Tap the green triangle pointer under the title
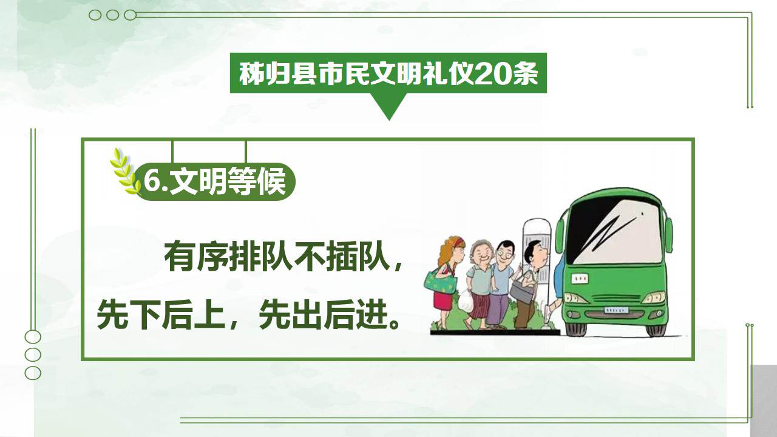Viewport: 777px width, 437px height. (389, 106)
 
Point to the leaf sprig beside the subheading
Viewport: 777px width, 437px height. (124, 171)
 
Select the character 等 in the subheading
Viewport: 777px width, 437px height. (241, 181)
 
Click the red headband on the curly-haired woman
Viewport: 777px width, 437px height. (459, 242)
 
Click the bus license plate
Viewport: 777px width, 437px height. (616, 310)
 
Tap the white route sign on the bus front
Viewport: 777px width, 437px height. (580, 278)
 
